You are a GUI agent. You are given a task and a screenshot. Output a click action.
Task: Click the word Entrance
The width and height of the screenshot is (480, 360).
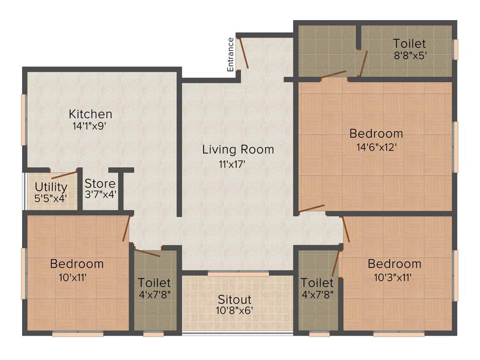[231, 54]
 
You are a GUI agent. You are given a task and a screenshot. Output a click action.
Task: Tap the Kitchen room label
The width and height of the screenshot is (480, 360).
[90, 114]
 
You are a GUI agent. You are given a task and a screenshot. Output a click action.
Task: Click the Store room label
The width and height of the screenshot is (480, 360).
[100, 183]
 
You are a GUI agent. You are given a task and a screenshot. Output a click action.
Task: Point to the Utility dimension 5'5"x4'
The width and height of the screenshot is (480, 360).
[51, 198]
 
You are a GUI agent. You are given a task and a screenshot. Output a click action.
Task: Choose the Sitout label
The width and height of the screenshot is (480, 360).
[234, 299]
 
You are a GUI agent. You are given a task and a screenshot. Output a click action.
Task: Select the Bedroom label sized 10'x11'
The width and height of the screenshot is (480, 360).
[77, 263]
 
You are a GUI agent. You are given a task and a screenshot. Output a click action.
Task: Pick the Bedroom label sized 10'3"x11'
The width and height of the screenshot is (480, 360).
[394, 263]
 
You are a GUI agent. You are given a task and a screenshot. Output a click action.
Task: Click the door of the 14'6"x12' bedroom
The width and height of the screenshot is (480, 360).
[311, 208]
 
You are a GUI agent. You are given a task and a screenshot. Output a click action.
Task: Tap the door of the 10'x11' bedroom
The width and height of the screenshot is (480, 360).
[126, 228]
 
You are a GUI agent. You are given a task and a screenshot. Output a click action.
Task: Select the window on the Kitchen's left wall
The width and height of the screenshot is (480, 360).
[23, 120]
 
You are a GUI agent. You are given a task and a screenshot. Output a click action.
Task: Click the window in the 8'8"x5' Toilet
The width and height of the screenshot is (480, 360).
[455, 49]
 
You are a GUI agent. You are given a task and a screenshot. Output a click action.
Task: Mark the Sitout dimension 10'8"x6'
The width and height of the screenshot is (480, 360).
[234, 310]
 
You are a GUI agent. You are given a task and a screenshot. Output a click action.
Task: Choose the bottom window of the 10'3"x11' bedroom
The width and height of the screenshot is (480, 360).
[398, 334]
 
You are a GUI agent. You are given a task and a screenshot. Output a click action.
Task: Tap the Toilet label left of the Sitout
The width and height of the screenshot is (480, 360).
[154, 283]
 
